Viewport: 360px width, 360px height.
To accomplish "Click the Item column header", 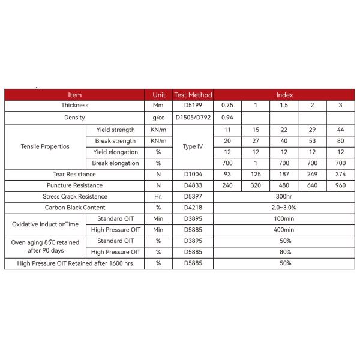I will [74, 95].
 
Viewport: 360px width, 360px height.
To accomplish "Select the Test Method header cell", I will [193, 95].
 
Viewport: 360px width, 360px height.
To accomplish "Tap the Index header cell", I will [284, 95].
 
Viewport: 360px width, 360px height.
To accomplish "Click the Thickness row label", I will [74, 106].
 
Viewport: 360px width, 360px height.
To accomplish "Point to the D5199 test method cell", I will [193, 106].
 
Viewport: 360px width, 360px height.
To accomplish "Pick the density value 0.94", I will [227, 118].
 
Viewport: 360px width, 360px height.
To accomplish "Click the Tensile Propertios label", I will [45, 146].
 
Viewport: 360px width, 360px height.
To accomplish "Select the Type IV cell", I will [193, 146].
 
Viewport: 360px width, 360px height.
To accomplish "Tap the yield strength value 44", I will [340, 130].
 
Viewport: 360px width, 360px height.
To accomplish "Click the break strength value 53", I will [312, 141].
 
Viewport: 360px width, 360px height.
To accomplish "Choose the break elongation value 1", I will [256, 163].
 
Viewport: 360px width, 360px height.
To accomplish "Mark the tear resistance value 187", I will [284, 174].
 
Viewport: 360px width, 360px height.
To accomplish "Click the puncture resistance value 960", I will [340, 185].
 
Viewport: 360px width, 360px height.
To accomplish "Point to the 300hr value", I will [284, 196].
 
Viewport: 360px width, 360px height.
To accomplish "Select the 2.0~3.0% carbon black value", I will [284, 208].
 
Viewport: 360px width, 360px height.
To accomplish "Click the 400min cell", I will [284, 230].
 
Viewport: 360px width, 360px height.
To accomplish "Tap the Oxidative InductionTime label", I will [46, 224].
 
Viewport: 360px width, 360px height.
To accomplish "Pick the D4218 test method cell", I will [193, 208].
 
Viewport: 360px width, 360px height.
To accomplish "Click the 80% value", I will [284, 252].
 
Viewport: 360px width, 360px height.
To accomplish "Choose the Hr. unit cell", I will [158, 196].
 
